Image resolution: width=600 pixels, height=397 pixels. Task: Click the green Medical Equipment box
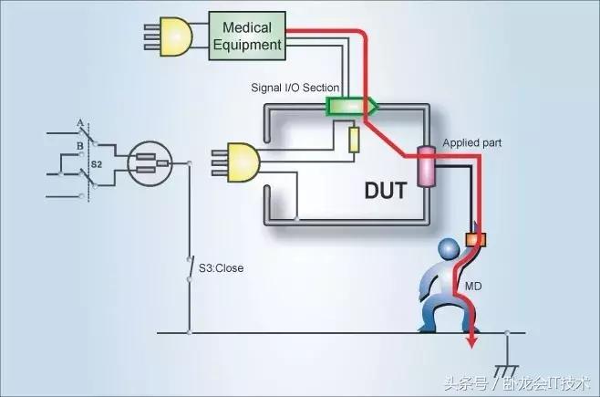click(x=246, y=36)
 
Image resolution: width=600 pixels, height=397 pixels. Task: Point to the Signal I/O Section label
click(x=295, y=89)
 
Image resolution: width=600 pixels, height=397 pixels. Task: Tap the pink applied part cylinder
click(x=425, y=164)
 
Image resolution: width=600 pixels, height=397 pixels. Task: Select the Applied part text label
click(x=471, y=143)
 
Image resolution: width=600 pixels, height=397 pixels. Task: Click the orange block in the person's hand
click(x=472, y=240)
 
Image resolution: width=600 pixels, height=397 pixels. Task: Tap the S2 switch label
click(x=96, y=165)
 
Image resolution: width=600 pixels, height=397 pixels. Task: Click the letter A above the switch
click(x=80, y=123)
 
